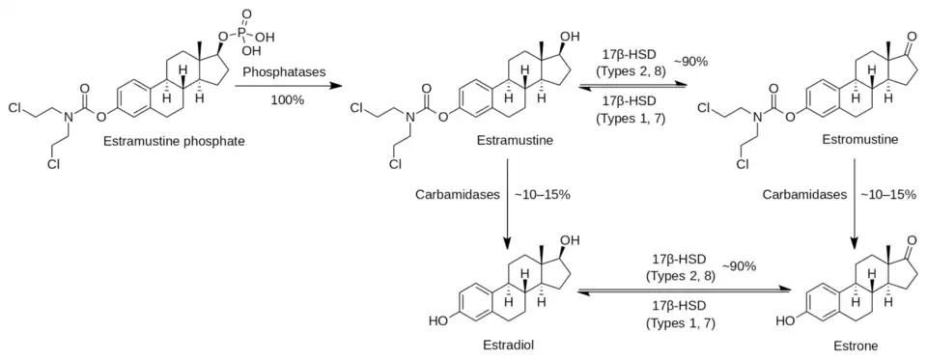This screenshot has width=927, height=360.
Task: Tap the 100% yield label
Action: pos(288,100)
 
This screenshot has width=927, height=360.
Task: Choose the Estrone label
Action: pos(860,346)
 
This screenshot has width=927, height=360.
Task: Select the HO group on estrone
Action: pos(784,321)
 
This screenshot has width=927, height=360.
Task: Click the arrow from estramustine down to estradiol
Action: pos(507,204)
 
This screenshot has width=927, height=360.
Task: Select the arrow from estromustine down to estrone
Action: pos(853,204)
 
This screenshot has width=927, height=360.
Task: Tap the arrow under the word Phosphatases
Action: pos(288,86)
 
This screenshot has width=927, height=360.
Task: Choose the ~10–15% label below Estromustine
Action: pos(887,195)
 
